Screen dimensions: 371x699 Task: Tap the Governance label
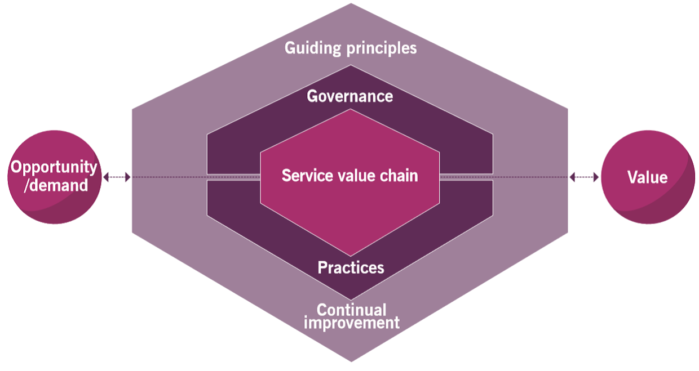pos(349,96)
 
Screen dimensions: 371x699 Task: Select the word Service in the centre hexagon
pos(304,176)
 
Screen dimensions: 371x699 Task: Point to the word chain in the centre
pos(398,176)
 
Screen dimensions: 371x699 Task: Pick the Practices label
pos(351,267)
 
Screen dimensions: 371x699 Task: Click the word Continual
pos(351,310)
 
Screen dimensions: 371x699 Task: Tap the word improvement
pos(351,323)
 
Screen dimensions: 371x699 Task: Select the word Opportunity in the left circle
pos(54,167)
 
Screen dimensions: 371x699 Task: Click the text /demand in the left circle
pos(56,185)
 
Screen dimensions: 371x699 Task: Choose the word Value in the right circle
pos(647,178)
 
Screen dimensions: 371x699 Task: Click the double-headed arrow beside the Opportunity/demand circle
pos(117,177)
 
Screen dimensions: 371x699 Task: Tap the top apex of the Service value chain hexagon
pos(350,110)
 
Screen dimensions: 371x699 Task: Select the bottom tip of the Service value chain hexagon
pos(350,255)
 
